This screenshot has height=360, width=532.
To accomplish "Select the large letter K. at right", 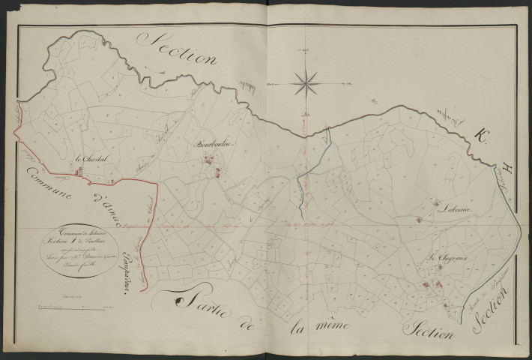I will tap(479, 136).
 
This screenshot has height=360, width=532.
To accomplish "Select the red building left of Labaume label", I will tap(418, 220).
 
